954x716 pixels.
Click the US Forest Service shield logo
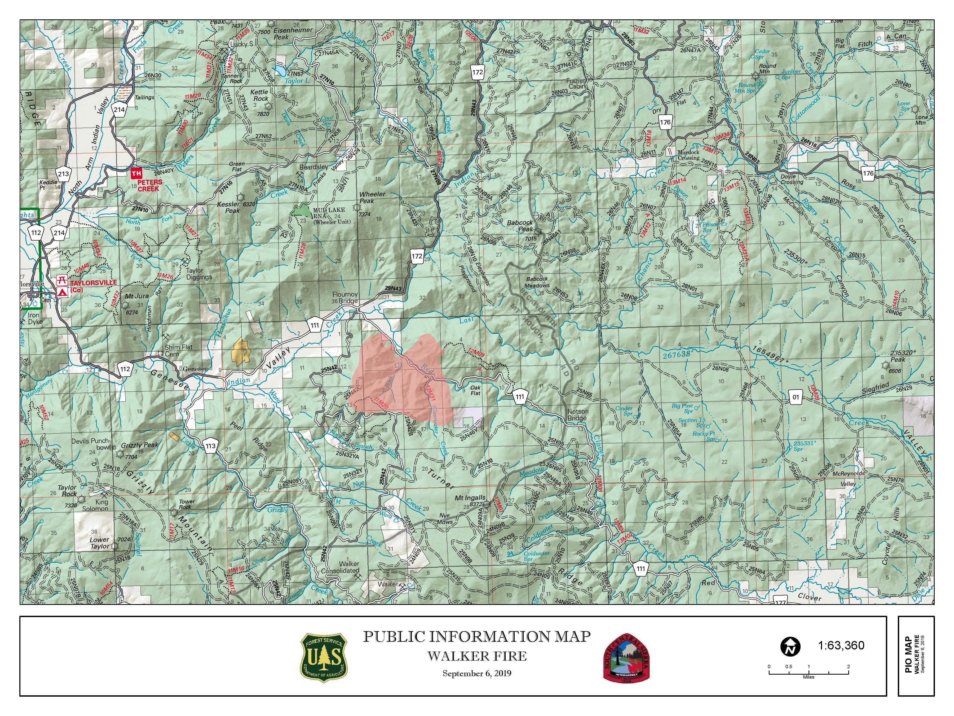pos(324,658)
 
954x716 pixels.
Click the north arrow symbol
pos(790,646)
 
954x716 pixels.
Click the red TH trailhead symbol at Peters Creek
pos(136,173)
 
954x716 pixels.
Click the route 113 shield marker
pos(210,446)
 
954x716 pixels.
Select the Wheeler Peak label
pos(372,198)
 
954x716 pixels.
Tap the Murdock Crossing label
pos(688,155)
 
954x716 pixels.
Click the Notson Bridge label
pos(577,415)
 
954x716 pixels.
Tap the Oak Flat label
pos(475,391)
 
